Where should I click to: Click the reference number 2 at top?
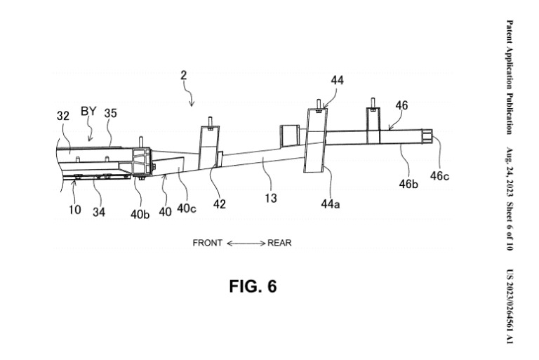click(x=184, y=75)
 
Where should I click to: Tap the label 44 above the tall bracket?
click(x=337, y=81)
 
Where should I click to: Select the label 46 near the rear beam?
click(x=401, y=105)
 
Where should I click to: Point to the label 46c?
click(x=439, y=176)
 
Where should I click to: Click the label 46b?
click(x=408, y=184)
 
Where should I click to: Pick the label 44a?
click(x=331, y=204)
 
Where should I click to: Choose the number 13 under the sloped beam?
click(x=270, y=198)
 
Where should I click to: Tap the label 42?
click(x=219, y=204)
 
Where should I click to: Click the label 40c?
click(x=187, y=208)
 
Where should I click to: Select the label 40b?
click(x=140, y=214)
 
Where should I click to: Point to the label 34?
click(x=99, y=212)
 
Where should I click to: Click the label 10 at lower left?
click(x=75, y=209)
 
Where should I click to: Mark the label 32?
click(x=63, y=116)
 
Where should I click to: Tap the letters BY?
click(x=88, y=112)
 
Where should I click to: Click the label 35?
click(x=110, y=113)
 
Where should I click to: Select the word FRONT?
click(x=207, y=243)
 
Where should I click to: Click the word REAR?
click(x=279, y=243)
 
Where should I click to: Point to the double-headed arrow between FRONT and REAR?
click(x=246, y=244)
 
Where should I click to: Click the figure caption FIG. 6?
click(x=253, y=286)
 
